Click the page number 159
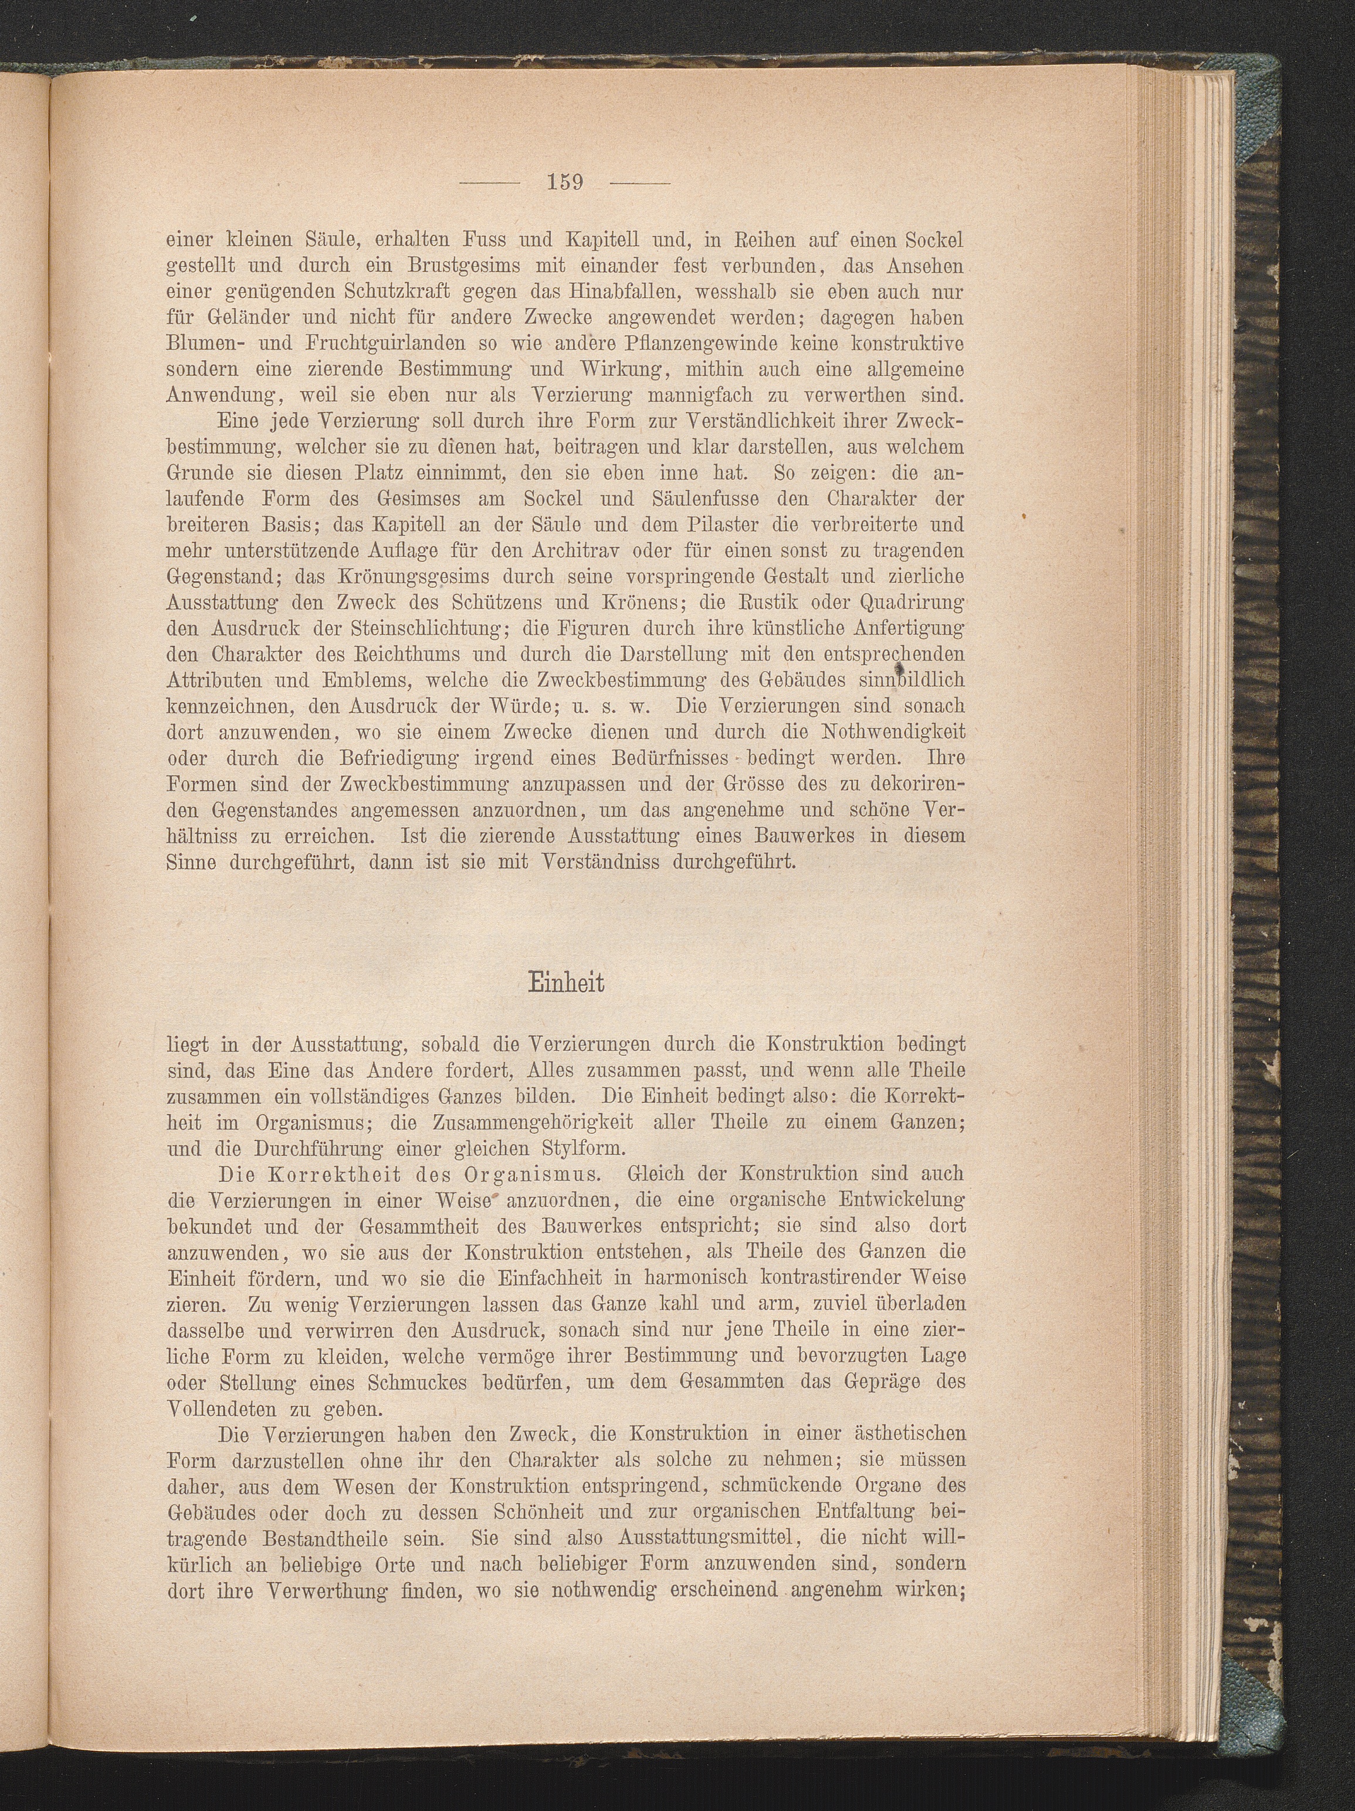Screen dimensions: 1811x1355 pyautogui.click(x=565, y=182)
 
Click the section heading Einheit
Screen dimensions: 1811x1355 pyautogui.click(x=565, y=983)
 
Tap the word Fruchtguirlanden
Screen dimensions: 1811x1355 pyautogui.click(x=373, y=343)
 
